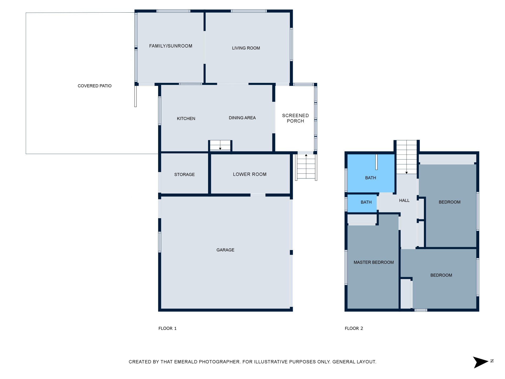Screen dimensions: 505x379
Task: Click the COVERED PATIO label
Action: click(x=95, y=86)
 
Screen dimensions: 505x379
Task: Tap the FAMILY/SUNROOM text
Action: click(x=171, y=46)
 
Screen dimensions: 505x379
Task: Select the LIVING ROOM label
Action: click(x=246, y=48)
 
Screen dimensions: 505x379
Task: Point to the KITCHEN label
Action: click(x=186, y=119)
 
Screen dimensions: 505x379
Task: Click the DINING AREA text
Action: click(x=242, y=118)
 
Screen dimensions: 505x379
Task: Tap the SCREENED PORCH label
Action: click(x=295, y=118)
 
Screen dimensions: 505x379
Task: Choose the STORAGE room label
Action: click(x=184, y=174)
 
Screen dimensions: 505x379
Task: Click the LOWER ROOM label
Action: click(x=250, y=174)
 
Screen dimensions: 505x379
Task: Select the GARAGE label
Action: click(x=225, y=250)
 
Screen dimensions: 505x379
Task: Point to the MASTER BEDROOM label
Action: click(x=373, y=262)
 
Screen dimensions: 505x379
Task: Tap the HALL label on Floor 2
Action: click(x=404, y=201)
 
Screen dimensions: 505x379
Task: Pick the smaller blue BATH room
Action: click(x=362, y=203)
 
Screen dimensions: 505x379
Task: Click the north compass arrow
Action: click(x=481, y=362)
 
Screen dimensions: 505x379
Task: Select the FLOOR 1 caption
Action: click(x=168, y=328)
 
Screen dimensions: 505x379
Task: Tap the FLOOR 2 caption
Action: click(x=354, y=328)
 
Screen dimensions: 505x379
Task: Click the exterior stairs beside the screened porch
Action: click(x=306, y=167)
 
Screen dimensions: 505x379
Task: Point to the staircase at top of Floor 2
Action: click(x=407, y=157)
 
